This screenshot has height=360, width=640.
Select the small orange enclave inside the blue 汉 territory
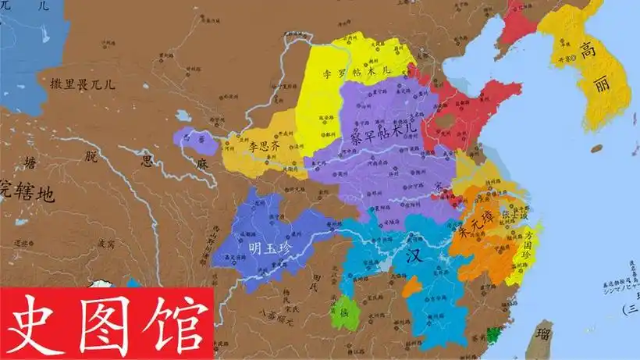point(413,287)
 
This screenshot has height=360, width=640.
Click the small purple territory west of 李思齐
point(191,138)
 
